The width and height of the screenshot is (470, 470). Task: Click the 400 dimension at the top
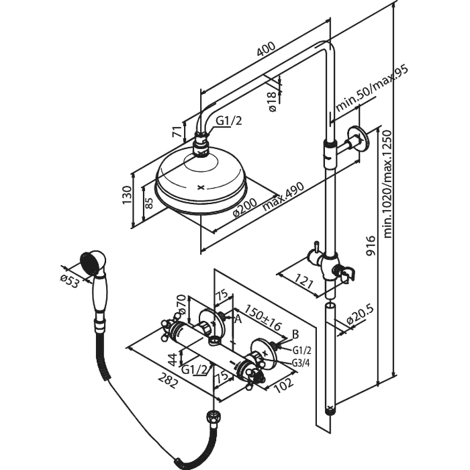[266, 50]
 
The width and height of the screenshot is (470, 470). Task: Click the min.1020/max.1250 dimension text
[387, 183]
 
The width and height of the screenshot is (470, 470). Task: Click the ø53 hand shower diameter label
[70, 279]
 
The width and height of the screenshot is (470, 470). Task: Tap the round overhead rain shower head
[201, 185]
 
